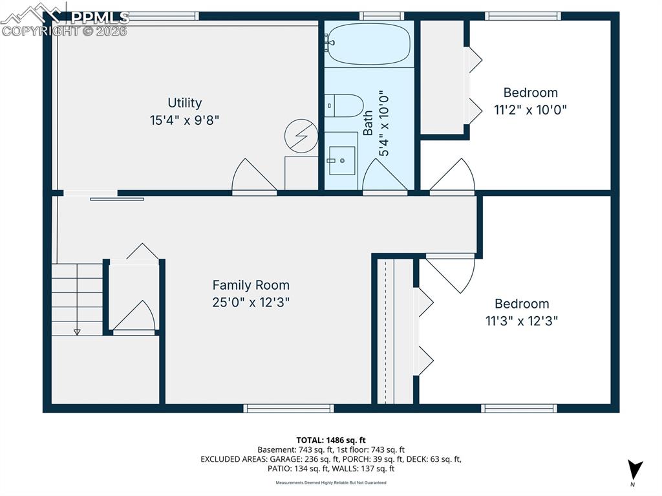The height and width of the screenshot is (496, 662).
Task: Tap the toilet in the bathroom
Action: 345,105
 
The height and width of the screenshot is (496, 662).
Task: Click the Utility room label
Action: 185,103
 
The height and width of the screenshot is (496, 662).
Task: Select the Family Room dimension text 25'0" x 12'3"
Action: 251,302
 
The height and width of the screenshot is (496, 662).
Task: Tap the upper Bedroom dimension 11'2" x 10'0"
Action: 530,110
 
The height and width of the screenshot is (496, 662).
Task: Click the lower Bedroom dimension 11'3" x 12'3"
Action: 522,321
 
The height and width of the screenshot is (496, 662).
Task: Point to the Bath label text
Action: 368,122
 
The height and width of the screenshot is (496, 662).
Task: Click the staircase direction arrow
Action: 77,330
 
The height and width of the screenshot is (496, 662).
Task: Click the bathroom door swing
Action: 385,177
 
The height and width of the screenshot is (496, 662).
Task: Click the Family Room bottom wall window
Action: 288,408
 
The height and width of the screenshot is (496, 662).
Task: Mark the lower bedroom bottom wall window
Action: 518,408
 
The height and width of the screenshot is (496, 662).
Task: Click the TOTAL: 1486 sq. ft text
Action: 331,438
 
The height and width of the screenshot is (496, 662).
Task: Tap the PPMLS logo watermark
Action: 65,19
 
